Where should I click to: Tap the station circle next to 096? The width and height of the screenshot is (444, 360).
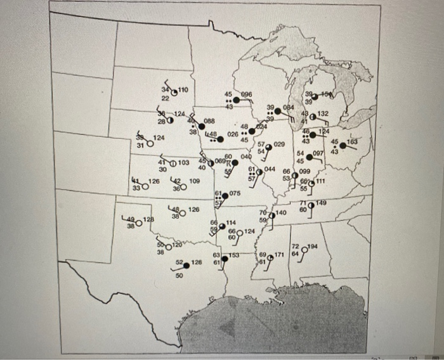(x=235, y=100)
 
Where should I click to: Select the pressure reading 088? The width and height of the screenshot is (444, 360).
(x=209, y=120)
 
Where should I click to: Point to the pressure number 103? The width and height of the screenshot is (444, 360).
(x=183, y=163)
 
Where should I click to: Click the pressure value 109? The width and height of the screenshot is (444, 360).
(x=194, y=181)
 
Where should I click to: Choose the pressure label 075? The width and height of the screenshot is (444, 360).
(x=235, y=193)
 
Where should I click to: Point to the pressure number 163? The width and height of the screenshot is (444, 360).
(x=352, y=143)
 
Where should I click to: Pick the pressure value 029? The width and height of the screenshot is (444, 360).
(x=278, y=145)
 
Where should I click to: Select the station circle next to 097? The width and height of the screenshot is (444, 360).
(x=310, y=155)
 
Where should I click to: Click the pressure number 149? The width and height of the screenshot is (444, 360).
(x=321, y=203)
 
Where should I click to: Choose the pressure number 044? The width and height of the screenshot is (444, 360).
(x=269, y=169)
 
